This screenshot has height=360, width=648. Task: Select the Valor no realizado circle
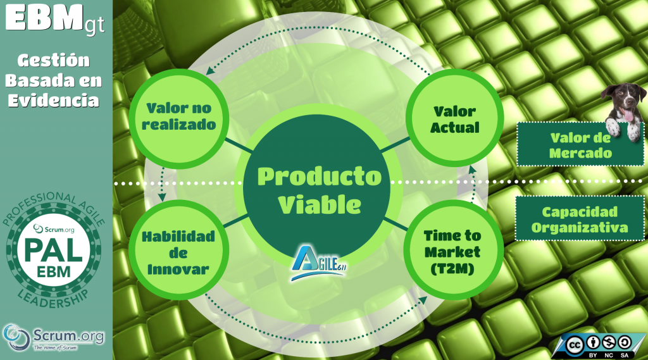coord(179,118)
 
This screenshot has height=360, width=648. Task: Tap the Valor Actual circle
coord(454,118)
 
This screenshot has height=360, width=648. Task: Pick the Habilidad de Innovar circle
coord(178,251)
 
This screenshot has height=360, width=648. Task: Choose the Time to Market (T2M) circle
coord(453,251)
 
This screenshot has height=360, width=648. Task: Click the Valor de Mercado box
coord(580,145)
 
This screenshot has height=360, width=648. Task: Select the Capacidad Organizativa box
coord(580,219)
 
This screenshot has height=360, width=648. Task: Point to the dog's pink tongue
coord(628,115)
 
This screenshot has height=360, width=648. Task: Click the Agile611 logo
coord(318,263)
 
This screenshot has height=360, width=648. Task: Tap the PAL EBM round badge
coord(53,250)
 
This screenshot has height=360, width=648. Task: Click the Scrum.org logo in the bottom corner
coord(53,337)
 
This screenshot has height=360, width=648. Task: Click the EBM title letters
coord(43,18)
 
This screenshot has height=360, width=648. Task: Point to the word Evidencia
coord(53,101)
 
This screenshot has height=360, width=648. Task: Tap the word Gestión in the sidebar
coord(53,60)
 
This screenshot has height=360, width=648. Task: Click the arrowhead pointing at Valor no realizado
coord(210,71)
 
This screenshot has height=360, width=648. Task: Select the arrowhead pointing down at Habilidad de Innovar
coord(163,197)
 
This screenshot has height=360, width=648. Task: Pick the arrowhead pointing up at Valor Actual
coord(472,170)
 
